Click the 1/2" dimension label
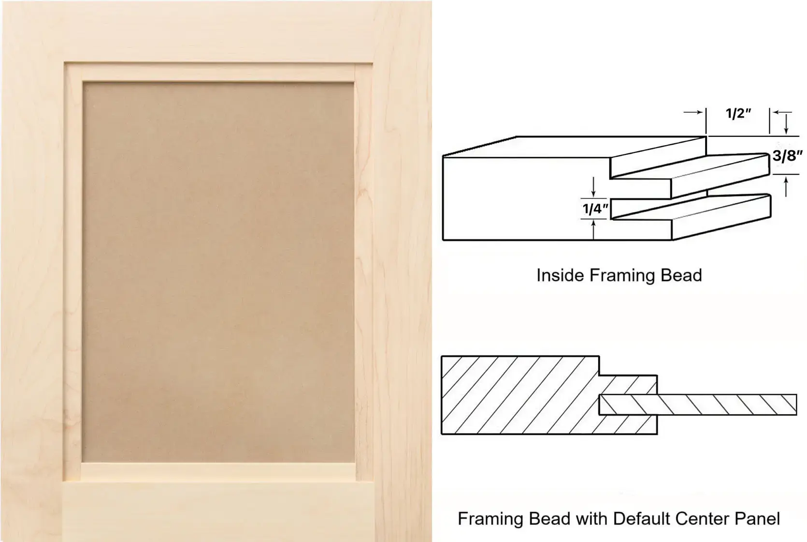pyautogui.click(x=738, y=113)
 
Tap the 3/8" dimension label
pyautogui.click(x=788, y=156)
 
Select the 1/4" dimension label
pyautogui.click(x=595, y=209)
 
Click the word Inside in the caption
pyautogui.click(x=560, y=275)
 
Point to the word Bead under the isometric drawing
pyautogui.click(x=681, y=275)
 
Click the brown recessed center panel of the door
pyautogui.click(x=218, y=272)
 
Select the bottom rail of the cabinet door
pyautogui.click(x=218, y=512)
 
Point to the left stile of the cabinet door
pyautogui.click(x=32, y=271)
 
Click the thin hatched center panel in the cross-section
pyautogui.click(x=697, y=405)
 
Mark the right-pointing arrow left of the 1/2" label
pyautogui.click(x=693, y=112)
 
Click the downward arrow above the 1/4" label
pyautogui.click(x=593, y=187)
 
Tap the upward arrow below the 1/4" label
pyautogui.click(x=593, y=230)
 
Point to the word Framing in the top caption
pyautogui.click(x=622, y=275)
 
